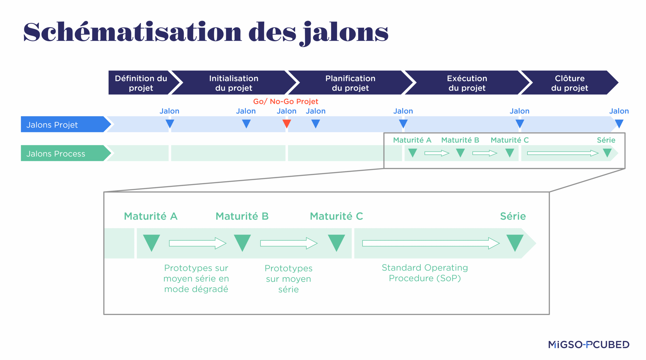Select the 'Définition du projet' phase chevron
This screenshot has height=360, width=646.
click(141, 83)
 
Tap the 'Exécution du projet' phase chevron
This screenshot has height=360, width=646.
click(467, 83)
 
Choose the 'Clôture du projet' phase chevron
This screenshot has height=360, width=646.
click(569, 83)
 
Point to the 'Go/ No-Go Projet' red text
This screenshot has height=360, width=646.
click(285, 101)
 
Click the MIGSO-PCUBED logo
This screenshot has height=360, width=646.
click(588, 344)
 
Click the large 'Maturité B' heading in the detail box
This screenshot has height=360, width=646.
click(242, 216)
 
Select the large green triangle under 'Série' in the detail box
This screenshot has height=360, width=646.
click(515, 242)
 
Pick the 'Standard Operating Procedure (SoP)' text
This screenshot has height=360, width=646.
click(425, 273)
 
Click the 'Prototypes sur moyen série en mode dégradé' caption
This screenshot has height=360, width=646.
click(196, 278)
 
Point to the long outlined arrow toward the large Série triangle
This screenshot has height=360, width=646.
click(430, 243)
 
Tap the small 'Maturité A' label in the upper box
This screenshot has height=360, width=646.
click(412, 140)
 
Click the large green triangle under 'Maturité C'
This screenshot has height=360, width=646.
click(336, 242)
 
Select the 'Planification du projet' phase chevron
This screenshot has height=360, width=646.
click(350, 83)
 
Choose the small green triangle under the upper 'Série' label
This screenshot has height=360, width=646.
click(607, 152)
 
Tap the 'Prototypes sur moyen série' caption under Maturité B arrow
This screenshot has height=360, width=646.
click(288, 279)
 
